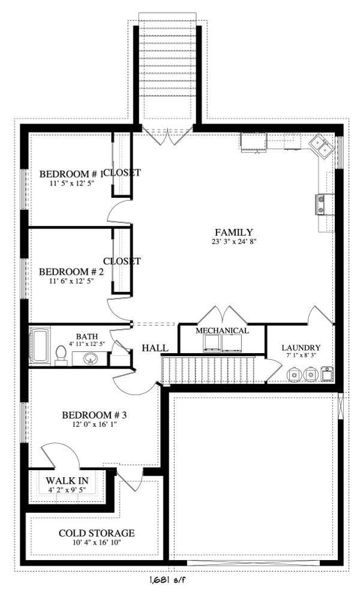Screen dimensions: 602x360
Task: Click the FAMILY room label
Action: pyautogui.click(x=235, y=233)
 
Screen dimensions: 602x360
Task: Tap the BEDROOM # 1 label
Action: pyautogui.click(x=71, y=174)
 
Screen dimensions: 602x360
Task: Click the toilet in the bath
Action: pyautogui.click(x=61, y=356)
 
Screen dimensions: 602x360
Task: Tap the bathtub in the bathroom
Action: pyautogui.click(x=40, y=346)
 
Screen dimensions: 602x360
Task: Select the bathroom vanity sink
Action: pyautogui.click(x=90, y=359)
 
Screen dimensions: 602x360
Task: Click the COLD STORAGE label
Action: pyautogui.click(x=96, y=533)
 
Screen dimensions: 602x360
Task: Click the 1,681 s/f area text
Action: pyautogui.click(x=171, y=580)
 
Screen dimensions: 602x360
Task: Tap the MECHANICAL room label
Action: pyautogui.click(x=222, y=331)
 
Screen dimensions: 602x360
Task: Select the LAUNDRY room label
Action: pyautogui.click(x=301, y=348)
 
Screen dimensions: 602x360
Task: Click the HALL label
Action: pyautogui.click(x=155, y=348)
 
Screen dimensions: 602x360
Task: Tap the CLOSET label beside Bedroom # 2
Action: pyautogui.click(x=122, y=261)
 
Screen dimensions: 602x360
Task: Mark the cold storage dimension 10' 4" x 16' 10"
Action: pyautogui.click(x=96, y=543)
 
